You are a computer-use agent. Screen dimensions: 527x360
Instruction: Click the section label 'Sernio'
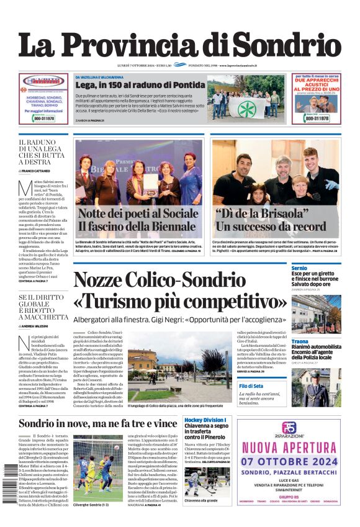pyautogui.click(x=299, y=268)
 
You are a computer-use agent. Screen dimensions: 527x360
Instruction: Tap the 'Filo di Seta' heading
pyautogui.click(x=304, y=386)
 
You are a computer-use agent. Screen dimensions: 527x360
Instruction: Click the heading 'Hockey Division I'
pyautogui.click(x=205, y=421)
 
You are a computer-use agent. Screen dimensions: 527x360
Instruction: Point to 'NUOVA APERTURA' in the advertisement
pyautogui.click(x=288, y=446)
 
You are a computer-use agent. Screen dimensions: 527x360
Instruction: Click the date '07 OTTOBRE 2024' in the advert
pyautogui.click(x=288, y=461)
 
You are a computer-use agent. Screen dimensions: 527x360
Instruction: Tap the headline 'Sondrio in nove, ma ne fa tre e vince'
pyautogui.click(x=98, y=424)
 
